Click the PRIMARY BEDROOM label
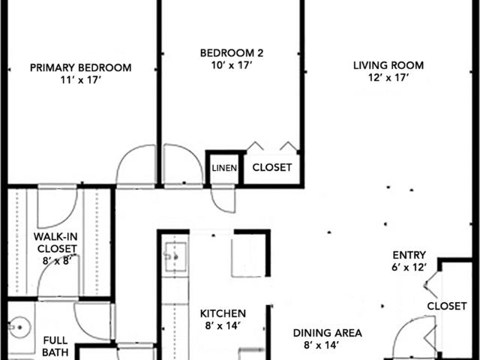coord(81,67)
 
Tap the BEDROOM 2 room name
coord(232,53)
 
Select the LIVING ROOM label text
coord(388,65)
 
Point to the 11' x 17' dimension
coord(81,80)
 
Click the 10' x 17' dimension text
coord(232,65)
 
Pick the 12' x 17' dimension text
coord(388,77)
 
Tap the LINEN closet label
coord(224,168)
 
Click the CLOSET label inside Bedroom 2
coord(271,167)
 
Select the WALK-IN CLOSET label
coord(55,242)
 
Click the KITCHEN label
coord(223,313)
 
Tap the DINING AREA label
coord(328,333)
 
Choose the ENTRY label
coord(409,255)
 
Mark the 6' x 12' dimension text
coord(409,267)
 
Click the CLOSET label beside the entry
coord(447,306)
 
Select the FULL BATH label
coord(55,346)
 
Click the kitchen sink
coord(175,257)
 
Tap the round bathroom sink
coord(19,327)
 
